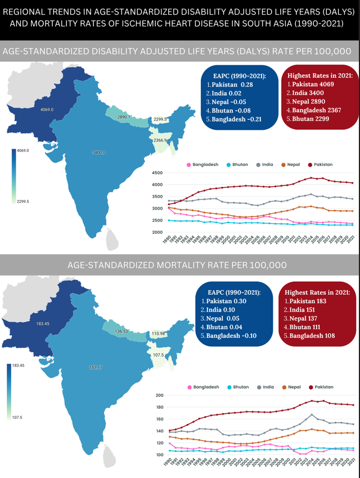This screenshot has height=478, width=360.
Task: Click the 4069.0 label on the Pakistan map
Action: point(47,109)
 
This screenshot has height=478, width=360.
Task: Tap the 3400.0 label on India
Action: point(98,152)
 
